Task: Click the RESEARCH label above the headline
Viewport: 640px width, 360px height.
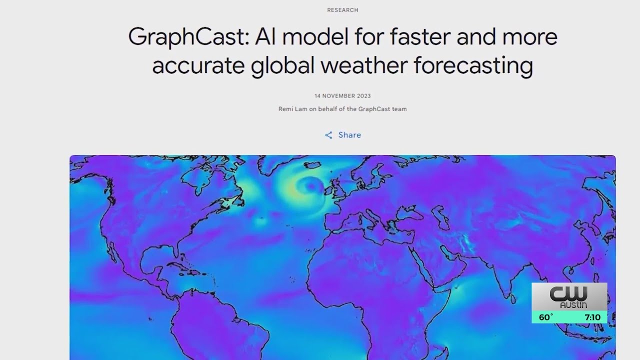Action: pos(342,10)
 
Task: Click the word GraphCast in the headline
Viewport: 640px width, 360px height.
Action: pos(189,37)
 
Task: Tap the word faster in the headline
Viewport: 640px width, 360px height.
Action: pos(420,36)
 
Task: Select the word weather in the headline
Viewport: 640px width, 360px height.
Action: pos(364,65)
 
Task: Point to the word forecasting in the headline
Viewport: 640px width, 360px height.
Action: pos(473,66)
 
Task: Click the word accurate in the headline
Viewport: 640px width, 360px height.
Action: pos(198,65)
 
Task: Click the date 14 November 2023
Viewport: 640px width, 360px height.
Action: pos(342,96)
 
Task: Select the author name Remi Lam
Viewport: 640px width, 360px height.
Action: pos(293,109)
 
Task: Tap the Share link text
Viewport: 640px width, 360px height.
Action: pos(349,135)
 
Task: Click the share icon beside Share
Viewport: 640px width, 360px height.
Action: pos(328,135)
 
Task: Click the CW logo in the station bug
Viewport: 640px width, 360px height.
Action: pos(568,293)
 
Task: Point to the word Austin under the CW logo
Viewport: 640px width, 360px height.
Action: pos(573,305)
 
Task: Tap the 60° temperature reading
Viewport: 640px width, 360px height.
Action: pos(545,317)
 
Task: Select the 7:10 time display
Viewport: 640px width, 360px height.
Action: pos(592,317)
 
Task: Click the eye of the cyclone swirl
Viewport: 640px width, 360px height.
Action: pos(311,186)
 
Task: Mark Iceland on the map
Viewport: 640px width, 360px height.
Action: pos(312,165)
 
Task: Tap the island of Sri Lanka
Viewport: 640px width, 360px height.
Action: pos(513,299)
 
